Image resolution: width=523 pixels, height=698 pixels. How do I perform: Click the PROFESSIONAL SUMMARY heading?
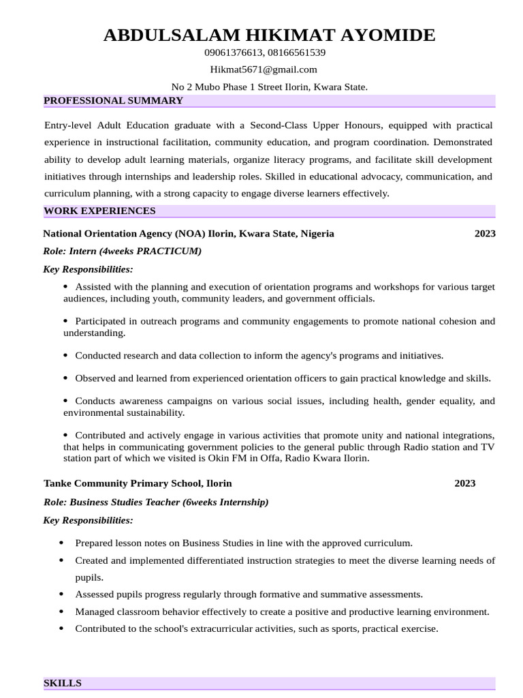coord(113,101)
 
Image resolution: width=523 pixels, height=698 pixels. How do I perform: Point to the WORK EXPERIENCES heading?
coord(99,211)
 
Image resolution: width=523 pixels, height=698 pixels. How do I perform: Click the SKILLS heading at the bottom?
coord(63,683)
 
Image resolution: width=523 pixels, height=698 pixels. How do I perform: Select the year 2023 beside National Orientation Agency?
coord(485,233)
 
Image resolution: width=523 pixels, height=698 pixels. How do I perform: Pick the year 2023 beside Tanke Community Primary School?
coord(465,483)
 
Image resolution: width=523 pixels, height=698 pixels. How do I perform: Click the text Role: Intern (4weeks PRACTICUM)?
coord(123,251)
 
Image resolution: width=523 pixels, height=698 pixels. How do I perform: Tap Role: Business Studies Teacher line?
coord(156,502)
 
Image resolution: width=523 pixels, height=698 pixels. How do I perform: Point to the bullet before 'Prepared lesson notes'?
coord(62,543)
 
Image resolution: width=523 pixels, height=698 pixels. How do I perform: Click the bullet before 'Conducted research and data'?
coord(65,355)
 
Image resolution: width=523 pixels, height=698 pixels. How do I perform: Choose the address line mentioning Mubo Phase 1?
coord(270,87)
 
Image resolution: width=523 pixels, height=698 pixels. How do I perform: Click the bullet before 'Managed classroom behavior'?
coord(62,611)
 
